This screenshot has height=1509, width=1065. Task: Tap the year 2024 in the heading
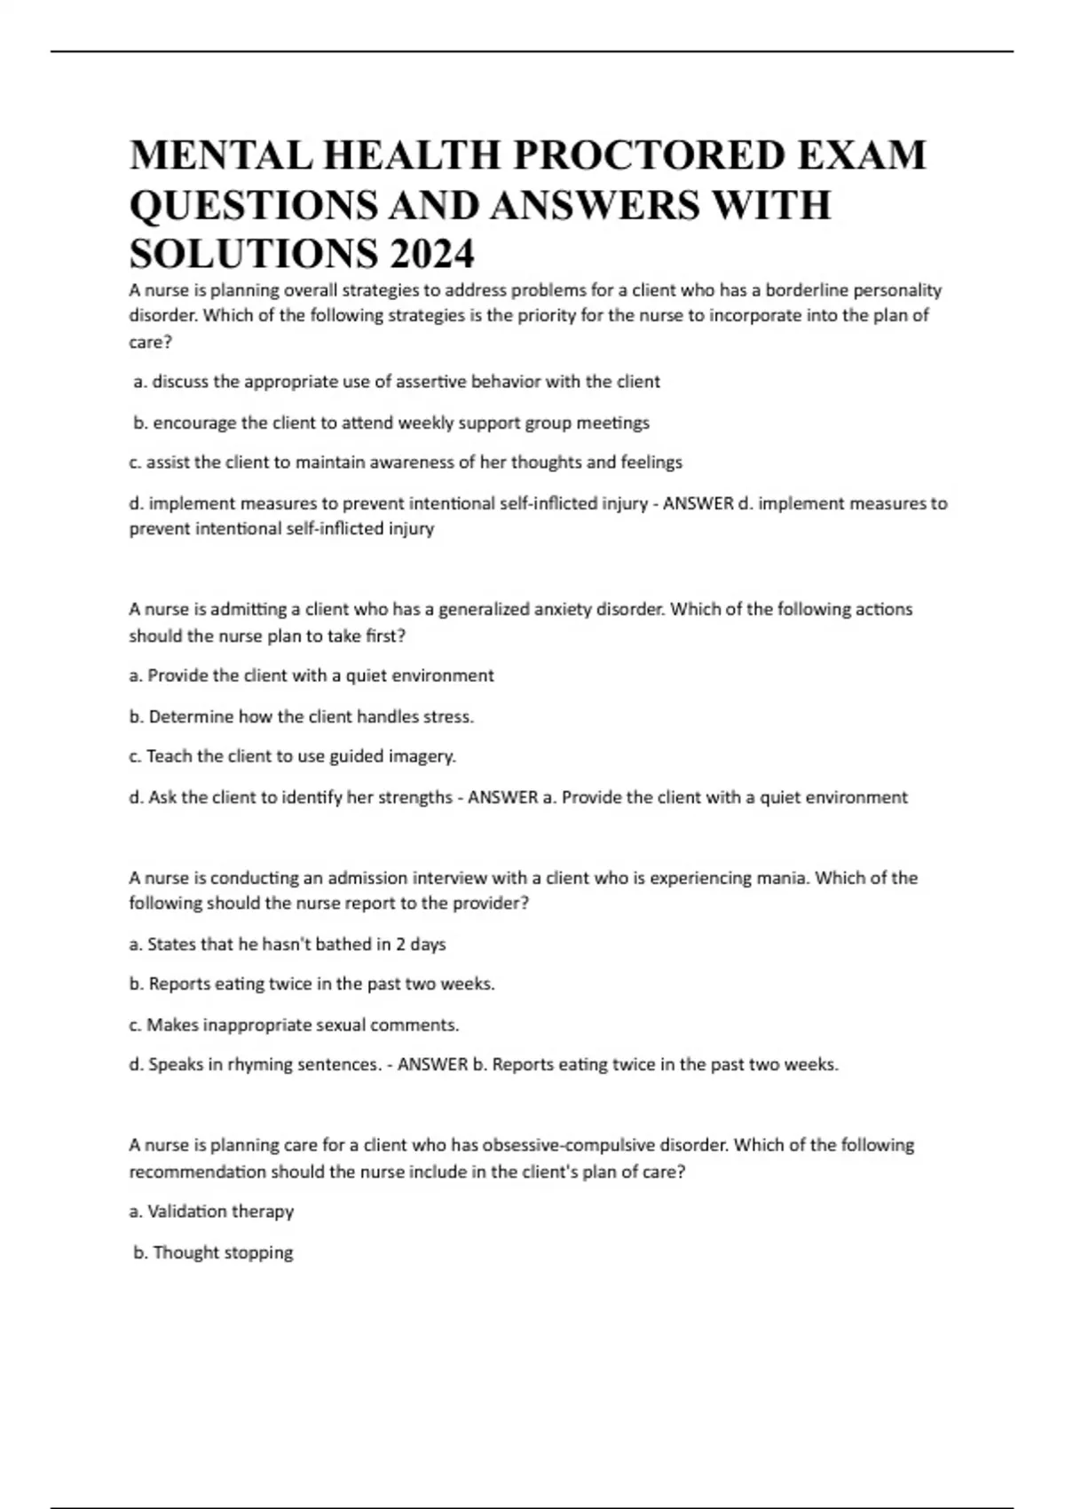(x=430, y=255)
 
